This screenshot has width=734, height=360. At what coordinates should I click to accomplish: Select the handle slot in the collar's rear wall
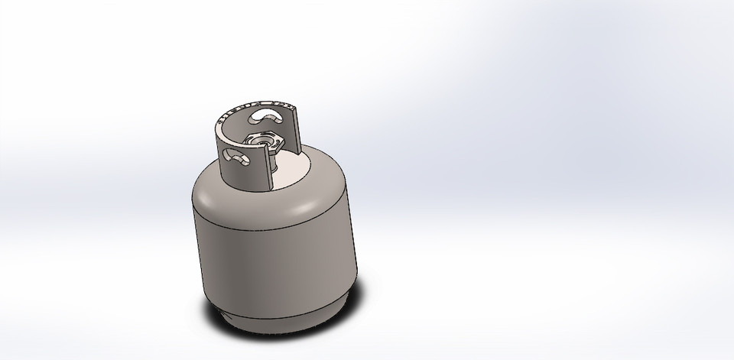point(265,115)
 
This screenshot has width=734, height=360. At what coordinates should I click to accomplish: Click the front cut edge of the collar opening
point(269,168)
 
